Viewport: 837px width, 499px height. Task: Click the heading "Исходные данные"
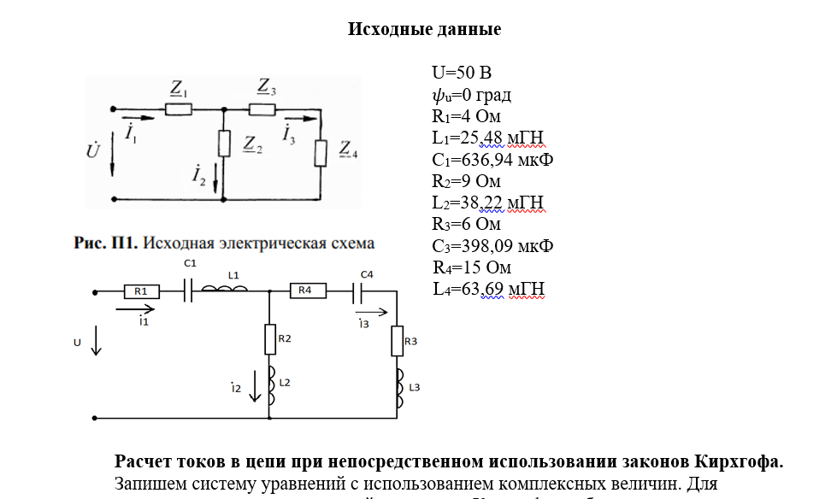(424, 30)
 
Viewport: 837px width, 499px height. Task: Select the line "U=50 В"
(462, 73)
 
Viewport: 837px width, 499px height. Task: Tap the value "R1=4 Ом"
(466, 116)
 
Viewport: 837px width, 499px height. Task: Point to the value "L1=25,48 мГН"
(488, 138)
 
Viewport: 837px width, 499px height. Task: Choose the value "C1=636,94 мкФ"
(492, 160)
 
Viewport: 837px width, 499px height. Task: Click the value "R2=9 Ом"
(466, 181)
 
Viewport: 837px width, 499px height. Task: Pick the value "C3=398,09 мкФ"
(492, 246)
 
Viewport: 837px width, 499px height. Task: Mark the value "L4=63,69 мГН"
(488, 290)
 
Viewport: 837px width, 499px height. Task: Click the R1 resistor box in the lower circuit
(141, 291)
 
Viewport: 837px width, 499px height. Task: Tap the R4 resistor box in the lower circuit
(306, 291)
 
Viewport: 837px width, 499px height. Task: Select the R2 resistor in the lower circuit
(269, 339)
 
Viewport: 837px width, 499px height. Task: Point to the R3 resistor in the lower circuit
(398, 342)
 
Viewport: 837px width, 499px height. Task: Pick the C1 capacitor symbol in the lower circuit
(190, 291)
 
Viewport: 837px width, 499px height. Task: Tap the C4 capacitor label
(367, 274)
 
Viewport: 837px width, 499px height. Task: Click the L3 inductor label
(415, 387)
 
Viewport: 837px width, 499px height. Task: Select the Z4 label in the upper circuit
(348, 150)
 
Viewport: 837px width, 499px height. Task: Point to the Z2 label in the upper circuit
(253, 143)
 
